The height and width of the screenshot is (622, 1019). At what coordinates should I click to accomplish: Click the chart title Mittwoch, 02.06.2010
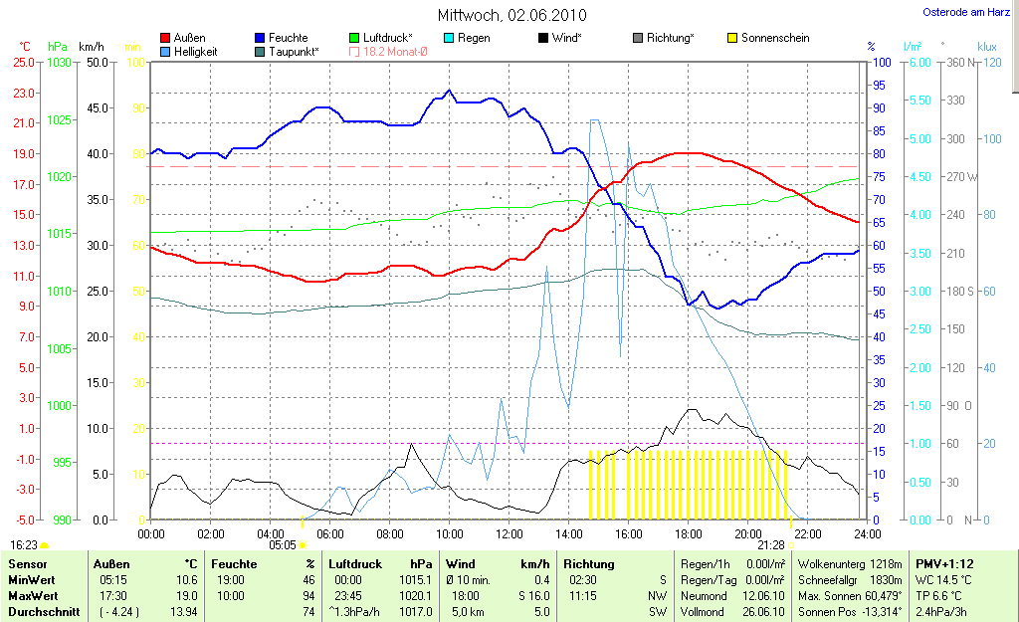(511, 16)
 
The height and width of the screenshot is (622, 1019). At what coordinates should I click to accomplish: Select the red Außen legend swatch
(164, 38)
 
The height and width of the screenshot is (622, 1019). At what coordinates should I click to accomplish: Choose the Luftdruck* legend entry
(387, 38)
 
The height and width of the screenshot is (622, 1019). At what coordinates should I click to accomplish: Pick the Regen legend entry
(474, 38)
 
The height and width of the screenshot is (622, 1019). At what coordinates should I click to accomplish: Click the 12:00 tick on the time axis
(509, 533)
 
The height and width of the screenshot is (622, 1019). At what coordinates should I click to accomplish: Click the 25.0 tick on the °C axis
(23, 63)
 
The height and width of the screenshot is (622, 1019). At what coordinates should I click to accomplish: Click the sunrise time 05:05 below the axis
(283, 544)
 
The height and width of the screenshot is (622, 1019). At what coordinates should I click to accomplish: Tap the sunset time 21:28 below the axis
(771, 544)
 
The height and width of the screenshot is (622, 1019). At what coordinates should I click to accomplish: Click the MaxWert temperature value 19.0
(186, 596)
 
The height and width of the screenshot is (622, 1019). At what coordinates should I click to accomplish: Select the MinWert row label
(32, 580)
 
